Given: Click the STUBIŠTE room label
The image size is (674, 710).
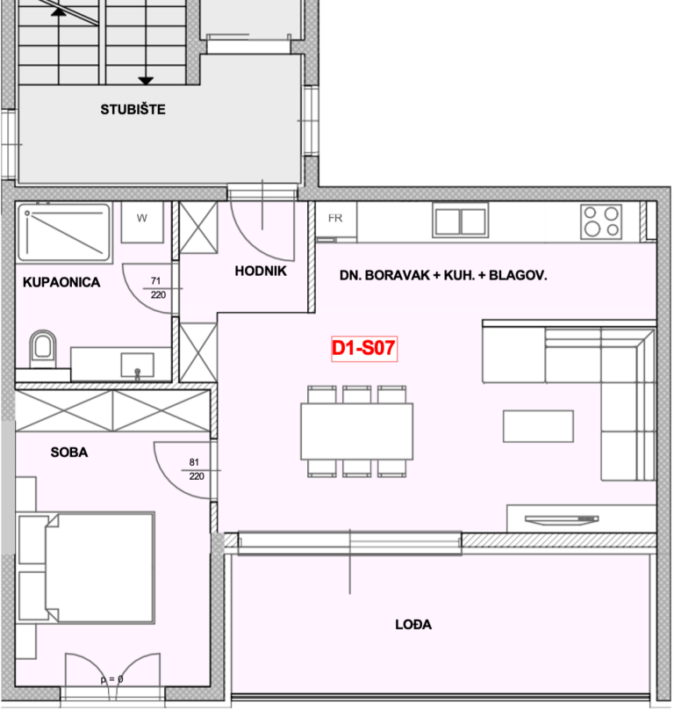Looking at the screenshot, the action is click(x=133, y=110).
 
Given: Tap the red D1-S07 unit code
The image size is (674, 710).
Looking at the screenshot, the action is click(x=363, y=348).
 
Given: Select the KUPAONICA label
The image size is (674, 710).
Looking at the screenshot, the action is click(x=61, y=282).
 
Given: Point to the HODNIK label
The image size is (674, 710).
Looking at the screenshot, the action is click(x=261, y=271).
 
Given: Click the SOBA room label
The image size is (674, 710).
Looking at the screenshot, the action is click(x=69, y=452).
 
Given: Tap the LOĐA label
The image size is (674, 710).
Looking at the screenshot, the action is click(x=413, y=625).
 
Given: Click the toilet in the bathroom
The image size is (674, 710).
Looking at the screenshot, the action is click(x=43, y=349).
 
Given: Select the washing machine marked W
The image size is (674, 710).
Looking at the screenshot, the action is click(x=142, y=221).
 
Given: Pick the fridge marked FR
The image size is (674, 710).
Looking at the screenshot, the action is click(x=335, y=221).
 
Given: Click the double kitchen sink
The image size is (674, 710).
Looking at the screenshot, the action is click(x=461, y=221).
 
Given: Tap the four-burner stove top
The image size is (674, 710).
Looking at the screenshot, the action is click(x=601, y=221).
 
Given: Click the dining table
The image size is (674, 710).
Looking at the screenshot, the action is click(x=357, y=431).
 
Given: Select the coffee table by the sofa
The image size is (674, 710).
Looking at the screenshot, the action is click(x=538, y=426).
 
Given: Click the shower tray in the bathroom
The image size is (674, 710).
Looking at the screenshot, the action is click(x=64, y=233).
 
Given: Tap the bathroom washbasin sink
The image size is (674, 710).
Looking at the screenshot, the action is click(x=137, y=365).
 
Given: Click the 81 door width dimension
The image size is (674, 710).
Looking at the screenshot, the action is click(x=194, y=462).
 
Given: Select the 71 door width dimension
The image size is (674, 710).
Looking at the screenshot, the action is click(x=155, y=280).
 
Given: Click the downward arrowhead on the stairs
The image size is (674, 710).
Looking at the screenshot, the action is click(x=146, y=81).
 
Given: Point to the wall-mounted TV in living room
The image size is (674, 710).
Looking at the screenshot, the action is click(x=562, y=519).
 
